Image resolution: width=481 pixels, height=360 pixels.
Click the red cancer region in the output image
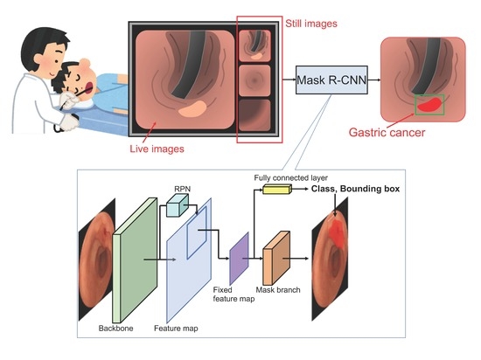(x=428, y=104)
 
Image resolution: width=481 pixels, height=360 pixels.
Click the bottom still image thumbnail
(x=259, y=114)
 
